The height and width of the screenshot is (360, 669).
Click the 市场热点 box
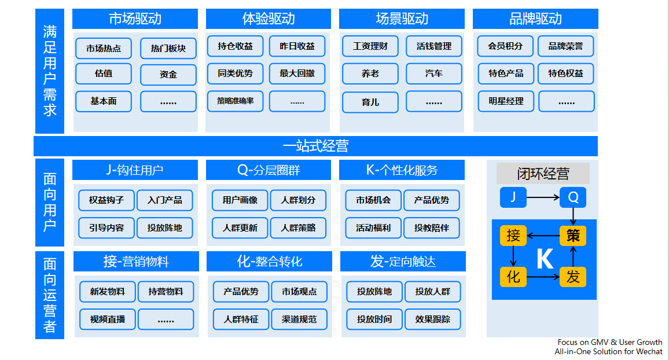pos(104,48)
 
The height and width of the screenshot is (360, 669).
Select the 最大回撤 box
pos(297,74)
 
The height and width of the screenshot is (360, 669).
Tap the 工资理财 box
pos(370,46)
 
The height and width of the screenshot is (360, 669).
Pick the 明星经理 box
pos(506,101)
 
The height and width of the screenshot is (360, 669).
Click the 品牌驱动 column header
pos(535,19)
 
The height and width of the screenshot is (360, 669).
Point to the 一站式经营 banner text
pos(316,146)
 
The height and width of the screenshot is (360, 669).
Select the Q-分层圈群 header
pos(269,170)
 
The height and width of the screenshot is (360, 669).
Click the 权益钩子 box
pos(106,200)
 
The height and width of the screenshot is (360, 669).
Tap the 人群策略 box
pos(298,228)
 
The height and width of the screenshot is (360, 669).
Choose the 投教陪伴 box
pos(431,228)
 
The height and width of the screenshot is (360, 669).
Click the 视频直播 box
pos(108,319)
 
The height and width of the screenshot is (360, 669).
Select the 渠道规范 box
pos(299,319)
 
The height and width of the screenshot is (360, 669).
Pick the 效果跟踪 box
pos(433,319)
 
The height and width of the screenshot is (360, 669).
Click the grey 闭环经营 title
pos(543,174)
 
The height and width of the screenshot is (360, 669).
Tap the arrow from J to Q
pos(543,197)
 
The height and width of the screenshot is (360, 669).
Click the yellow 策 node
pos(572,236)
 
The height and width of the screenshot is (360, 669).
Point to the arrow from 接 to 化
pos(513,256)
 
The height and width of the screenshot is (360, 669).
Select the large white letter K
pos(545,259)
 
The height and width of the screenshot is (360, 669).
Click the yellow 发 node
pos(572,277)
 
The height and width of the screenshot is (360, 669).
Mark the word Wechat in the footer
pos(649,351)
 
